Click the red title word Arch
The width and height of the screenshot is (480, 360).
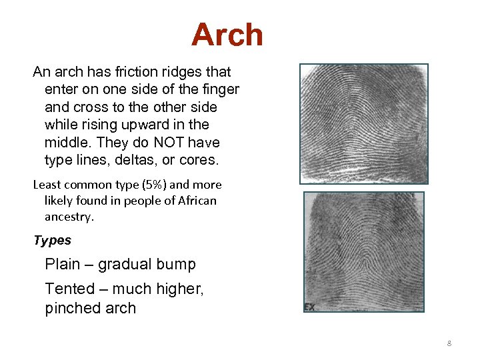click(x=227, y=35)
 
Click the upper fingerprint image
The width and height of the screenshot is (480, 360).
click(x=363, y=123)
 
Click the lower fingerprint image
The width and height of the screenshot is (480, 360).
click(x=363, y=251)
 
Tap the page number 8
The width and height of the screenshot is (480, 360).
click(x=449, y=343)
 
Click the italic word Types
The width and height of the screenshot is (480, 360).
click(x=52, y=240)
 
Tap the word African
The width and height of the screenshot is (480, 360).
click(x=194, y=201)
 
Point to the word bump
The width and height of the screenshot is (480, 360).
click(x=175, y=265)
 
